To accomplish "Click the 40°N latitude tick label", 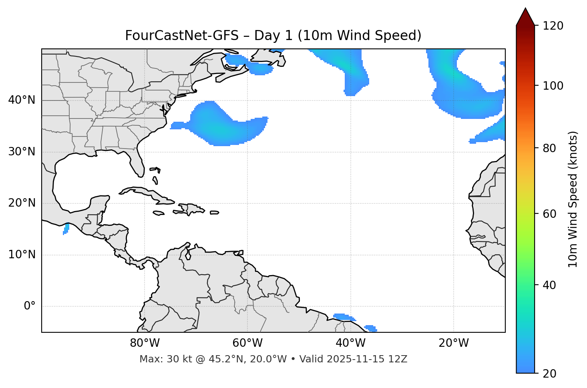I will tap(22, 100).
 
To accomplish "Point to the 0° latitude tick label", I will tap(30, 306).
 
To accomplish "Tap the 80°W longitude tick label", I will tap(145, 343).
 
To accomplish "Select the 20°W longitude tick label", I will tap(454, 343).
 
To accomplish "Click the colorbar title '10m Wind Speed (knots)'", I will tap(573, 199).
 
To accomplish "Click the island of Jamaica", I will tap(159, 213).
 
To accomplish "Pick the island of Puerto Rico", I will tap(214, 213).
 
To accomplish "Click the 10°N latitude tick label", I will tap(22, 255).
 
